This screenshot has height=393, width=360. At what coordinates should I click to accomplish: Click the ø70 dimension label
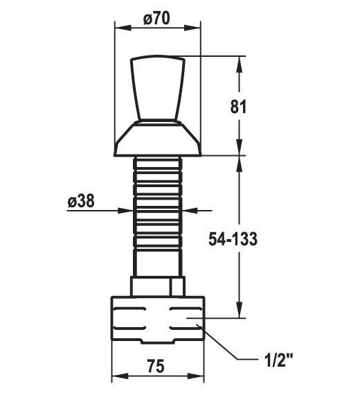coord(156,19)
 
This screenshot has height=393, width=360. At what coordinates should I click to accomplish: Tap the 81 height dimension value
coord(238,107)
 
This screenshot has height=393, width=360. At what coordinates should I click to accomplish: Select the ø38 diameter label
coord(81,201)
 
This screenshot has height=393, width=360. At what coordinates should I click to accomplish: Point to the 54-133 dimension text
coord(233,239)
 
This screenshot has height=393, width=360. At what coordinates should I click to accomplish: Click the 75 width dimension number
coord(156,366)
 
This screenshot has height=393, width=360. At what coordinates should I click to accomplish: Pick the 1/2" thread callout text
coord(278,360)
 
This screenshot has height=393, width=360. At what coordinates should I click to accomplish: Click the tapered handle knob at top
coord(158,88)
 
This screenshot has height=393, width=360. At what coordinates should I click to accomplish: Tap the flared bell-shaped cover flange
coord(158,139)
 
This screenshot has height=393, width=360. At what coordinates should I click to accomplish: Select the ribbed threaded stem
coord(158,203)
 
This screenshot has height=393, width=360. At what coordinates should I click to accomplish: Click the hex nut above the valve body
coord(158,286)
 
